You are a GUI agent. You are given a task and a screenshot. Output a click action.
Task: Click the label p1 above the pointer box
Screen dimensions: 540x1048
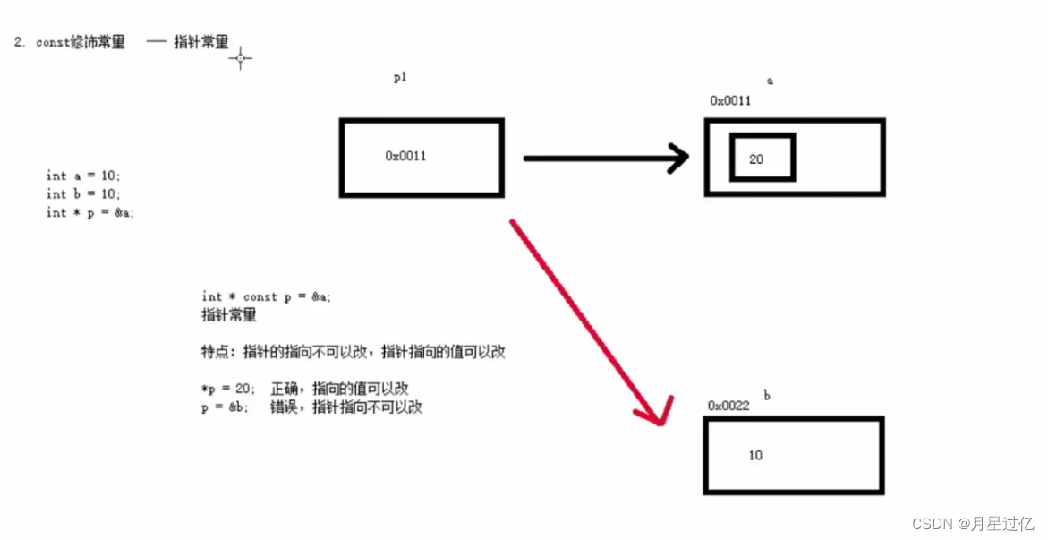[x=400, y=78]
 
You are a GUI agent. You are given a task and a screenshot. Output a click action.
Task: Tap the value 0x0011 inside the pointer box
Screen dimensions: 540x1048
[x=405, y=156]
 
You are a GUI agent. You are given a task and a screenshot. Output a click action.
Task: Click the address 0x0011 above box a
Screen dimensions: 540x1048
[x=730, y=101]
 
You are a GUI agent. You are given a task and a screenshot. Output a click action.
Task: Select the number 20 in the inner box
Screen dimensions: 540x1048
[x=756, y=159]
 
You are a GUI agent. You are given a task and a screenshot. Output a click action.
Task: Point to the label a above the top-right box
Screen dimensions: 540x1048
[x=770, y=81]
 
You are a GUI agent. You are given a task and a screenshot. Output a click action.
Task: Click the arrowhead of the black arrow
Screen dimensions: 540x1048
[x=679, y=159]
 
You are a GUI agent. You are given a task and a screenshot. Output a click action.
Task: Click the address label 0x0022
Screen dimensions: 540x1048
[x=728, y=406]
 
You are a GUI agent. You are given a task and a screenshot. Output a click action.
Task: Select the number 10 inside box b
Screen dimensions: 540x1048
[x=755, y=455]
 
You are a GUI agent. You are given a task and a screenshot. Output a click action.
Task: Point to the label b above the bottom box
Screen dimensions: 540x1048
[x=767, y=395]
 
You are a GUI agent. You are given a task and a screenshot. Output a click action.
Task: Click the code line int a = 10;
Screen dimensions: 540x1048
[x=83, y=176]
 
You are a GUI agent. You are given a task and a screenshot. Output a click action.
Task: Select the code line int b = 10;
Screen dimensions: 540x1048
[x=83, y=193]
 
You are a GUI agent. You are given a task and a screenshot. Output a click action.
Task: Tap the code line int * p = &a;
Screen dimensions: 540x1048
[x=89, y=212]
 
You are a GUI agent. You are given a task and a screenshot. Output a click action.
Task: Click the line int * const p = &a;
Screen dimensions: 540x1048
[x=266, y=296]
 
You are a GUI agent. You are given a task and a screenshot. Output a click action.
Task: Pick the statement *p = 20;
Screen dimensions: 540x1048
[x=228, y=389]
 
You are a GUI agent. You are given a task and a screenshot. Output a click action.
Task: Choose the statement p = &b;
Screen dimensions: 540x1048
[x=226, y=407]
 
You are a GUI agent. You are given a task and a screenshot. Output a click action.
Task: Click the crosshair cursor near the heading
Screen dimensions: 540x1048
[x=240, y=59]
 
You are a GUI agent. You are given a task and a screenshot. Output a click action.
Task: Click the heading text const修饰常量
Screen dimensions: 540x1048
[x=81, y=43]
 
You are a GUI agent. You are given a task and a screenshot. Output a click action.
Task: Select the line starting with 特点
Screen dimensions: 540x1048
[x=354, y=352]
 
